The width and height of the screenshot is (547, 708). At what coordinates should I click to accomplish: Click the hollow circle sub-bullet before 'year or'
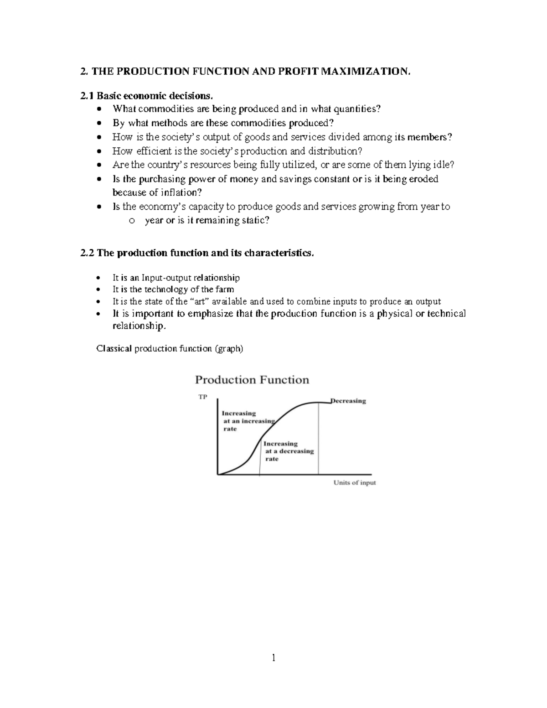pos(132,221)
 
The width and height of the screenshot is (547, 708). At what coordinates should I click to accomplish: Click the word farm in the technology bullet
pos(224,289)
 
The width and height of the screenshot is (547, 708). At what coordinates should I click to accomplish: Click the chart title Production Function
pos(252,380)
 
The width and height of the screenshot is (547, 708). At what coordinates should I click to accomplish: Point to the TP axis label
pos(202,397)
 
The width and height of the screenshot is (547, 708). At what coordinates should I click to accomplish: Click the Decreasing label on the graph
pos(348,401)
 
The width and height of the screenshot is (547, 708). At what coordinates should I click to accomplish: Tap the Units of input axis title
pos(355,483)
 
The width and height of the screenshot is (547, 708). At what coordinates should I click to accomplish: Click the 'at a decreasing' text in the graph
pos(289,451)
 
